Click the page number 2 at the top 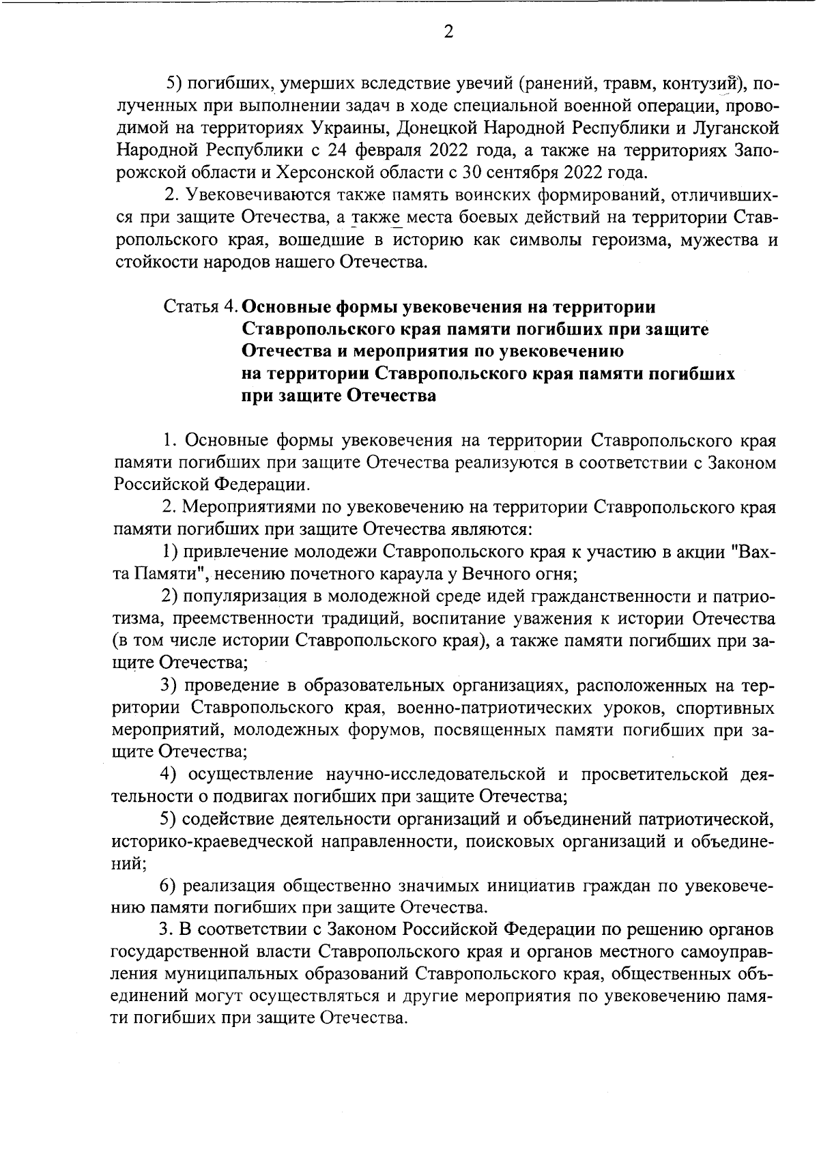[448, 33]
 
